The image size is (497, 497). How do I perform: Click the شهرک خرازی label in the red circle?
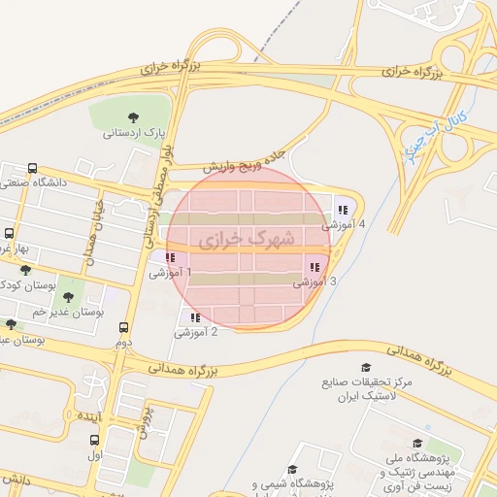[237, 237]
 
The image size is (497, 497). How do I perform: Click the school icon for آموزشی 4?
[343, 209]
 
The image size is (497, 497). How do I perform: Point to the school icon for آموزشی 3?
[314, 266]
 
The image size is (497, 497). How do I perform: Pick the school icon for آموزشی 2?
[195, 316]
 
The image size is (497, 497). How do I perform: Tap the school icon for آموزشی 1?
[170, 257]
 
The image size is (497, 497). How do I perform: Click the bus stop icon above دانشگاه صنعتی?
[33, 167]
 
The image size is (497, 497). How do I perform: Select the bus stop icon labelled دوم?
[123, 327]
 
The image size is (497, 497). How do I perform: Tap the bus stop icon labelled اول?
[94, 438]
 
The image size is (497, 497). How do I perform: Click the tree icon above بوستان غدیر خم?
[68, 297]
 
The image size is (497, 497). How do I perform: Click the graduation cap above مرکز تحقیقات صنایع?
[366, 367]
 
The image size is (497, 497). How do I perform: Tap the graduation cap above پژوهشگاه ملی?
[418, 443]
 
